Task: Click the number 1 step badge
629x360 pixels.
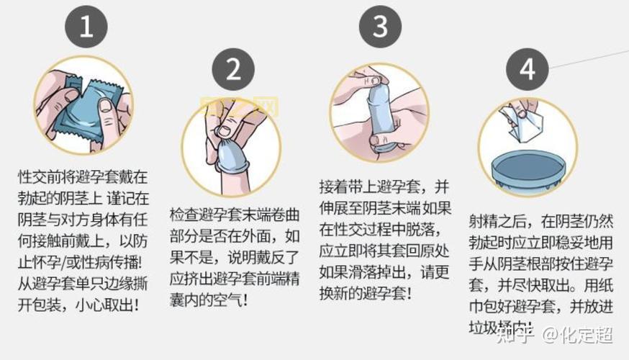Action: [86, 28]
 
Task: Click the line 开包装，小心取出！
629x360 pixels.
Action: [78, 305]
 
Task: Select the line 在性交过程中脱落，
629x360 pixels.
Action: [386, 230]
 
